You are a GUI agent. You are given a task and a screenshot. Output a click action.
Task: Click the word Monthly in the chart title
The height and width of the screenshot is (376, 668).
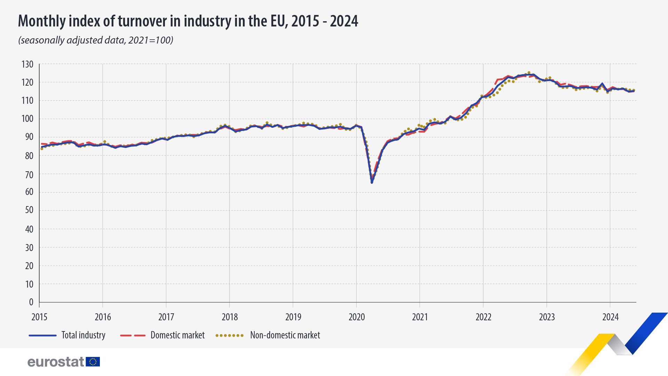tap(42, 22)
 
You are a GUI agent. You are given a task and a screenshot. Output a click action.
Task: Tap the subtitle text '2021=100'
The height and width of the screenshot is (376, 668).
tap(150, 40)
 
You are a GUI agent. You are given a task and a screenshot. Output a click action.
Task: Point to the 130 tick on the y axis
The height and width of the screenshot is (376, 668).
tap(27, 64)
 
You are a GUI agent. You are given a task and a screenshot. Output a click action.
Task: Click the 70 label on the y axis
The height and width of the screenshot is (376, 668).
tap(29, 174)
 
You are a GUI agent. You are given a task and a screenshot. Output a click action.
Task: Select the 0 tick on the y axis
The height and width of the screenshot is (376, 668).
tap(31, 302)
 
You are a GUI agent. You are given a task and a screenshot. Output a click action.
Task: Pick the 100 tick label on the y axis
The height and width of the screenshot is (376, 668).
tap(27, 119)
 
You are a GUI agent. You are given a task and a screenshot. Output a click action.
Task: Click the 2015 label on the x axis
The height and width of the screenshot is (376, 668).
tap(39, 317)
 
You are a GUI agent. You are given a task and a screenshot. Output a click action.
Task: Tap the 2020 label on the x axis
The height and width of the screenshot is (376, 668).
tap(357, 317)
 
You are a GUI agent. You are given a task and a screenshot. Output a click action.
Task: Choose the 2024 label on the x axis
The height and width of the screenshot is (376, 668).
tap(610, 317)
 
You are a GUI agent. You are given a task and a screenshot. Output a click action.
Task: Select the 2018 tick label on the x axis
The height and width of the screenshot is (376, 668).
tap(230, 317)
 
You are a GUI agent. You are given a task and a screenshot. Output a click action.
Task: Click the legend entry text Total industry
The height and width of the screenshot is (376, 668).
tap(83, 335)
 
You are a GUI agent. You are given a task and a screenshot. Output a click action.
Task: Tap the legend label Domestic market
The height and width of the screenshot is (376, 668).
tap(177, 335)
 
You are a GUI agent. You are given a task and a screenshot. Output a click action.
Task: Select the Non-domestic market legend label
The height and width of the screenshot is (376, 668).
tap(285, 335)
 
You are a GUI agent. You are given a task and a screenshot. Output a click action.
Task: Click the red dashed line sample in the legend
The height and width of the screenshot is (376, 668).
tap(133, 336)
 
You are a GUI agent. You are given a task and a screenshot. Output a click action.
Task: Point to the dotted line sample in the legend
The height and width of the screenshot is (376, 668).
tap(229, 336)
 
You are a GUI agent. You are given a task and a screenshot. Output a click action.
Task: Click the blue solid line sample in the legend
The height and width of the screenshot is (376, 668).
tap(42, 336)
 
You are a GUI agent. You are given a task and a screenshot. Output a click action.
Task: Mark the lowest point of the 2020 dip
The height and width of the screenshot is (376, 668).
tap(372, 182)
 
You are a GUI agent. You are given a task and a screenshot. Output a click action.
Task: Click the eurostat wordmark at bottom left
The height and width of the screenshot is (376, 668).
tap(56, 362)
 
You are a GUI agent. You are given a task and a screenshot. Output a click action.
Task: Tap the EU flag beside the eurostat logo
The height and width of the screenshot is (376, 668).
tap(93, 362)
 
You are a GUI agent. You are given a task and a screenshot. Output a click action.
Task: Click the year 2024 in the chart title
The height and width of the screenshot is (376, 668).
tap(344, 22)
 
